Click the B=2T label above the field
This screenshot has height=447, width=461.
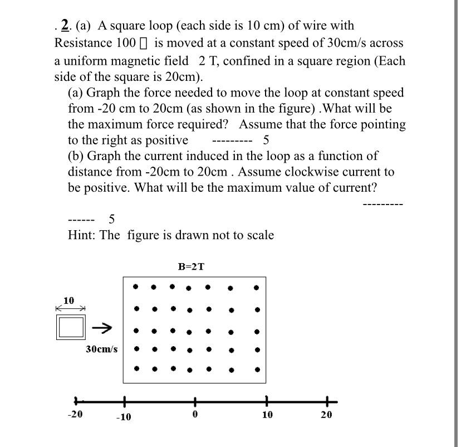tap(191, 266)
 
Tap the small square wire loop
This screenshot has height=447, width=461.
tap(70, 327)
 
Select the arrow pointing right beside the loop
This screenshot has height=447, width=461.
tap(102, 328)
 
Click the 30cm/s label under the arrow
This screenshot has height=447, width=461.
tap(101, 349)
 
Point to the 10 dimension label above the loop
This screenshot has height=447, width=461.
tap(68, 300)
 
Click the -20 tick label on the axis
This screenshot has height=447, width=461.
tap(75, 414)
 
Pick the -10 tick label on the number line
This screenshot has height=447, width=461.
tap(123, 417)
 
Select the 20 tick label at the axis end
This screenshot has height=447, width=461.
tap(326, 415)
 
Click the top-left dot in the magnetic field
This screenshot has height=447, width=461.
tap(136, 287)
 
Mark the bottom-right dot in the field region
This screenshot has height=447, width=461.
tap(257, 369)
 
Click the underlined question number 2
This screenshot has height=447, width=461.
tap(65, 26)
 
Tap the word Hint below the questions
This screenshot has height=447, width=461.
tap(81, 235)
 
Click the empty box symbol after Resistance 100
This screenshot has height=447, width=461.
tap(149, 43)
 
